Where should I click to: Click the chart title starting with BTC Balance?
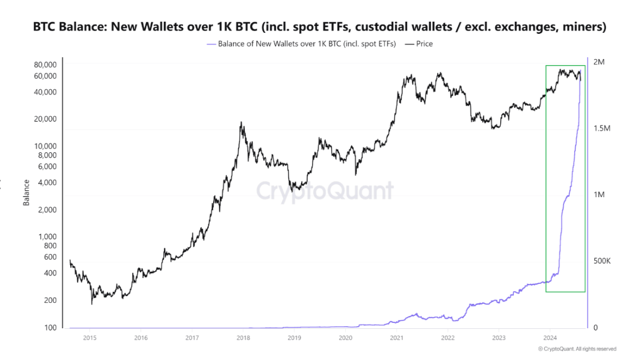tap(319, 26)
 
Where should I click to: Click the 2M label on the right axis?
tap(598, 62)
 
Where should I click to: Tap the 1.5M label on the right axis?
tap(601, 129)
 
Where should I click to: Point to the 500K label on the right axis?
tap(602, 261)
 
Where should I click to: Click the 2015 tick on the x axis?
tap(90, 338)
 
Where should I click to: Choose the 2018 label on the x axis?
tap(243, 338)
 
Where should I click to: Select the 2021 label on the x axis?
tap(396, 338)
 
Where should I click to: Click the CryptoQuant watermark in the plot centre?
tap(325, 191)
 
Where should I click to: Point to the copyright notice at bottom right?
tap(577, 349)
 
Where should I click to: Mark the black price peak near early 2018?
tap(242, 123)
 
